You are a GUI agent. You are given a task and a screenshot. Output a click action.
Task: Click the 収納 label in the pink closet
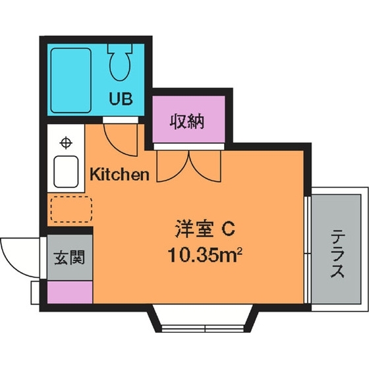coord(188,121)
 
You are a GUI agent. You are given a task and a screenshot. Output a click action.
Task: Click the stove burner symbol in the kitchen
coord(66,142)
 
